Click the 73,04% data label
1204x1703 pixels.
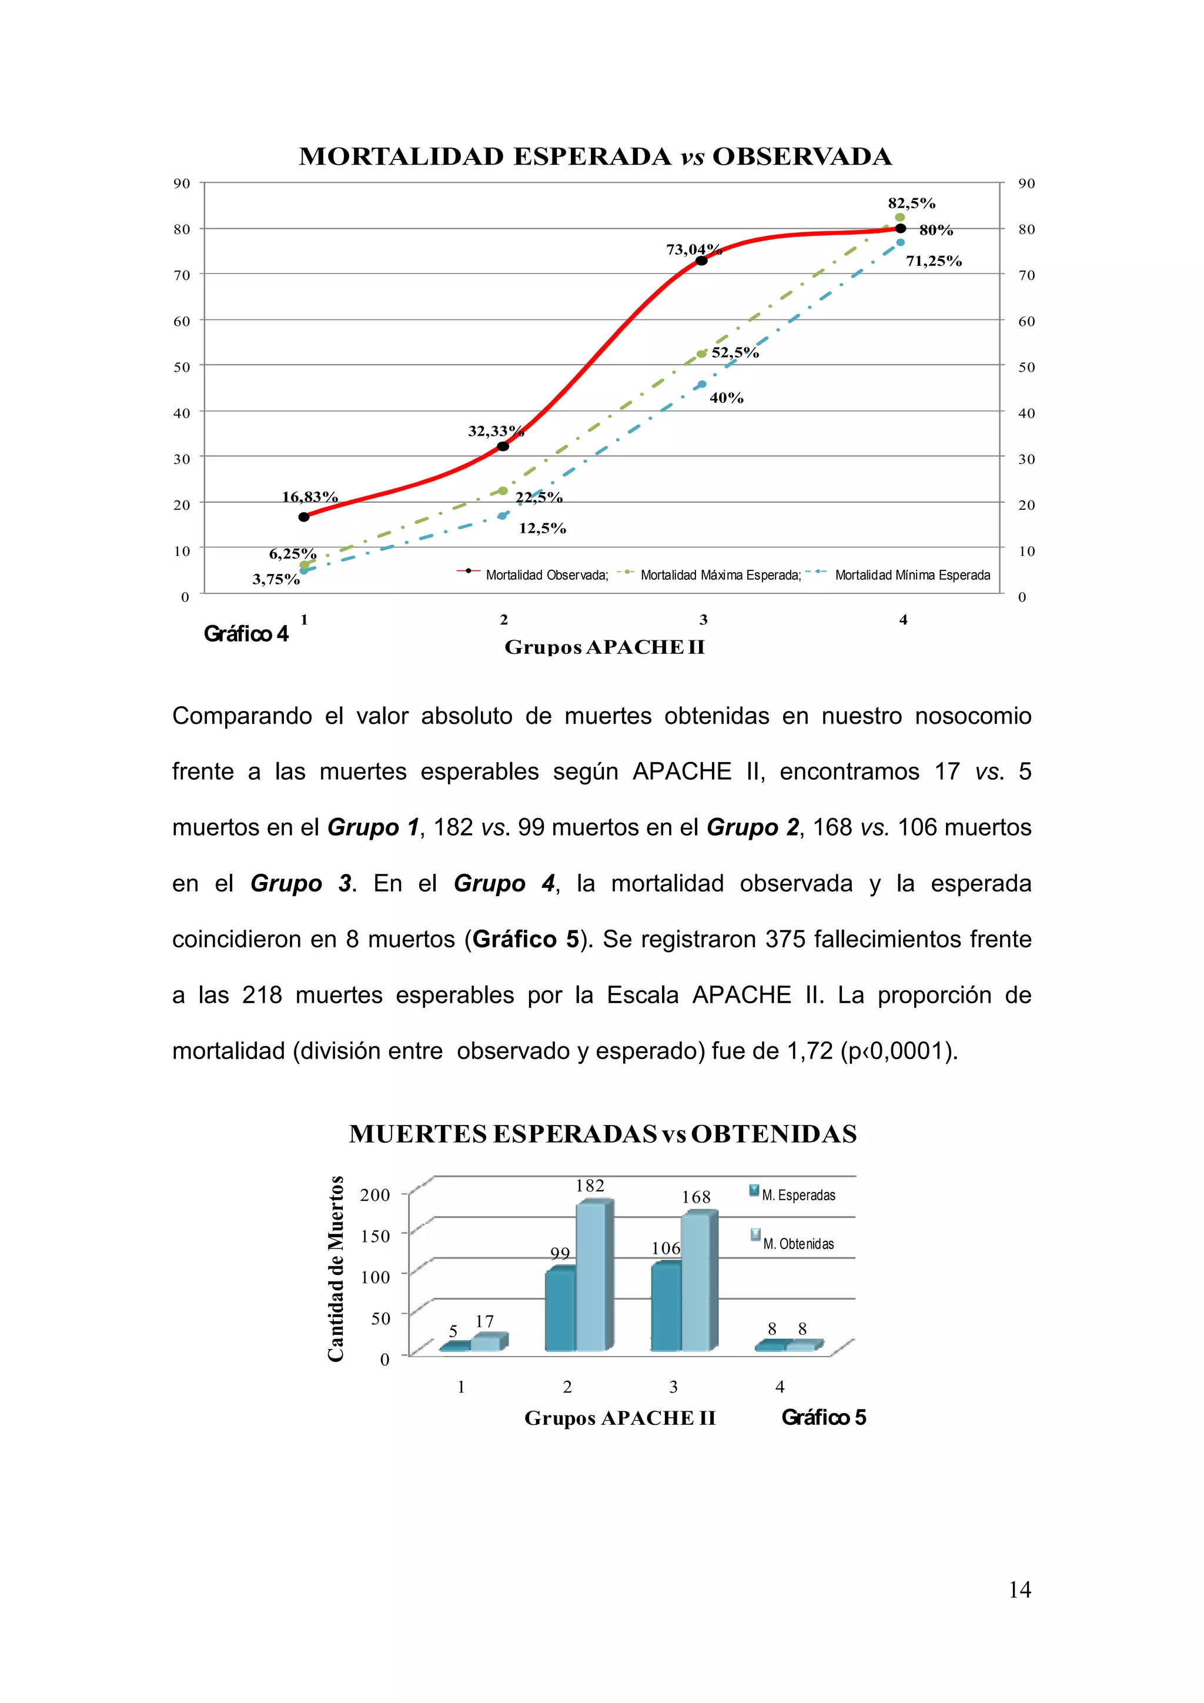pos(693,249)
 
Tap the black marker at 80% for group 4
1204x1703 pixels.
pos(900,228)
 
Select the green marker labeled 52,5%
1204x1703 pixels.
pos(701,354)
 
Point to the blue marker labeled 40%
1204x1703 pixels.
pos(702,384)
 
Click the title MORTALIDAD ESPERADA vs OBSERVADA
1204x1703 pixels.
pos(596,156)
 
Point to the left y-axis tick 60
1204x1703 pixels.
pos(182,321)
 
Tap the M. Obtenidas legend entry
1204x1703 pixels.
pos(798,1244)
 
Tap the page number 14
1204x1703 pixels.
pos(1019,1589)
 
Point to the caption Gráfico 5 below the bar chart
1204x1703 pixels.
pos(823,1417)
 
